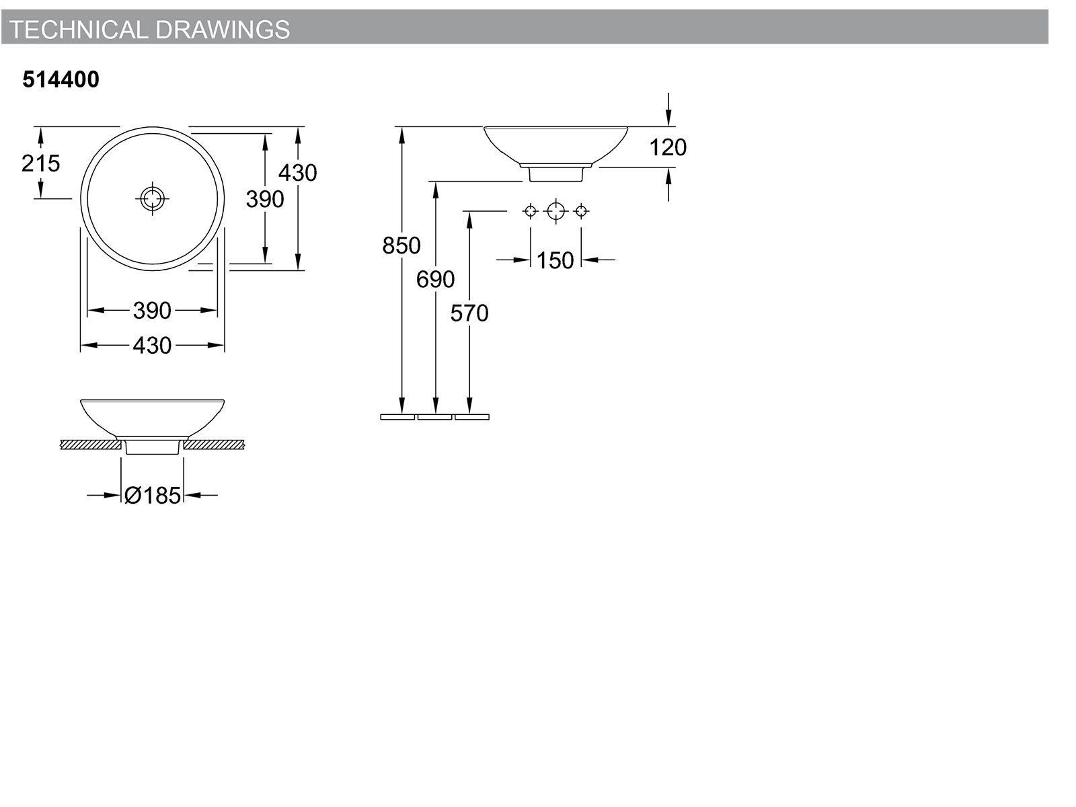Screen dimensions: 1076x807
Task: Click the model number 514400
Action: pos(61,79)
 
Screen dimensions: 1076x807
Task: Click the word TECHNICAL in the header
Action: pos(79,30)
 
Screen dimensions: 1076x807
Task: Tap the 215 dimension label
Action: pos(41,163)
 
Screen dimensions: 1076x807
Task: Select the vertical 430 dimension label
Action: pos(297,172)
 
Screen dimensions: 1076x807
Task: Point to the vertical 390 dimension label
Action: pos(265,199)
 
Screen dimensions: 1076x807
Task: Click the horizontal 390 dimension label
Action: pos(152,311)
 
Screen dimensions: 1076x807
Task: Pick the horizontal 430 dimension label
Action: pos(152,346)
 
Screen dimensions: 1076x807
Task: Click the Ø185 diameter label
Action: pos(153,496)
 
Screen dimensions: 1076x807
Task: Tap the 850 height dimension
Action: pos(401,245)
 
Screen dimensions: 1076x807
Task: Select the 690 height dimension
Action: pos(435,279)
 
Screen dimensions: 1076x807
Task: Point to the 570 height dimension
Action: pos(469,313)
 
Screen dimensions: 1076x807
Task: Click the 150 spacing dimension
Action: pos(555,260)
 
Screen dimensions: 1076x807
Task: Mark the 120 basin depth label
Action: pos(668,147)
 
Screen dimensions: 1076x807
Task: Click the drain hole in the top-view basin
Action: pos(153,198)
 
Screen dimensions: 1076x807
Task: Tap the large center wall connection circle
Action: pos(555,211)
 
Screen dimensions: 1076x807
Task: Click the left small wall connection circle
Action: pos(530,211)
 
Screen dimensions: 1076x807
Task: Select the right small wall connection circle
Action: pos(581,211)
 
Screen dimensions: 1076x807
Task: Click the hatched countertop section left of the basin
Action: pos(91,445)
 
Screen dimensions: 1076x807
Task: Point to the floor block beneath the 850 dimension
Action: pos(397,417)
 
